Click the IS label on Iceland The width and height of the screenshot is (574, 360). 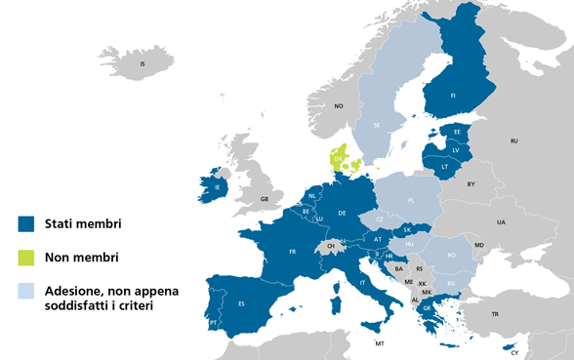click(x=143, y=64)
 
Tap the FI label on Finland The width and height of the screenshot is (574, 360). click(x=454, y=96)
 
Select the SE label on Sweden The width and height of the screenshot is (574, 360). click(x=377, y=125)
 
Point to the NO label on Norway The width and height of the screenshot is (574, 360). click(x=340, y=105)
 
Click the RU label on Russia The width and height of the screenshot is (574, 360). click(x=513, y=141)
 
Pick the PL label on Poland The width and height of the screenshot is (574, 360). click(x=411, y=199)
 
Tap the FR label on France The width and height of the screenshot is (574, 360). click(x=292, y=251)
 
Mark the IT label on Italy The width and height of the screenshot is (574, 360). click(x=364, y=283)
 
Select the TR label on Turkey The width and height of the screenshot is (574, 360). click(x=495, y=314)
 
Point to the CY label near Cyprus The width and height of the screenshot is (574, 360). click(x=514, y=351)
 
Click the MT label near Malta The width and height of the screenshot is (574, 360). click(x=380, y=344)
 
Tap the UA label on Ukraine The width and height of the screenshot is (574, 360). click(x=502, y=222)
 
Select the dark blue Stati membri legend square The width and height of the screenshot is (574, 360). click(x=26, y=224)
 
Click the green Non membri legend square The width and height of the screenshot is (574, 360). click(x=26, y=258)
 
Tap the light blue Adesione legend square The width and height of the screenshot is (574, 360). click(x=26, y=291)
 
